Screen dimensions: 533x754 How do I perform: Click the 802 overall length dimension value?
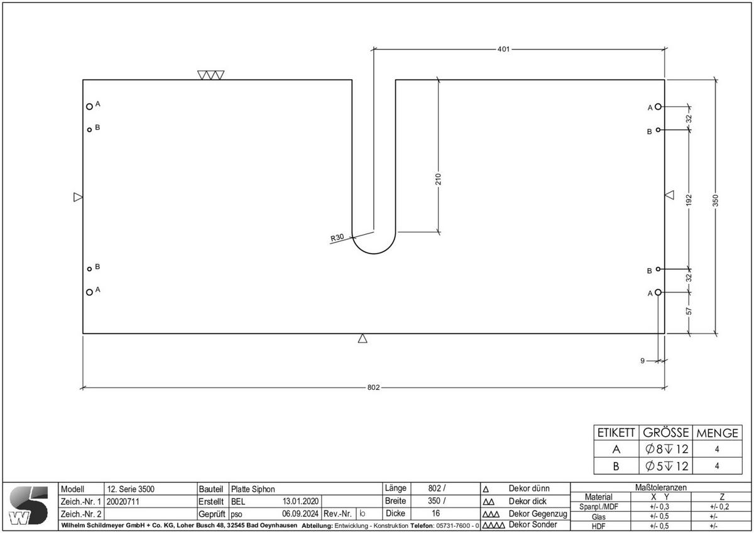[373, 387]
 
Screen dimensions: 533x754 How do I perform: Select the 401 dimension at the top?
[503, 48]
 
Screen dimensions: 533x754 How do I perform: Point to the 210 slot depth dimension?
[438, 179]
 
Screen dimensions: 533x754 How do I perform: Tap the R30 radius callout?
[337, 238]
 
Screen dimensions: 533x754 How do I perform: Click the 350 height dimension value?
[715, 201]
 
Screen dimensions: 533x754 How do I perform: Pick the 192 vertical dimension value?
[689, 200]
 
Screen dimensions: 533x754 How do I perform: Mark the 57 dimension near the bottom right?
[689, 311]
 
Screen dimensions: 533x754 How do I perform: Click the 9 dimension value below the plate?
[642, 360]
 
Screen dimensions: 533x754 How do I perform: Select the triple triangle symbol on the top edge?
[210, 75]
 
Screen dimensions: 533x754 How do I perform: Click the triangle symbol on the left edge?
[78, 197]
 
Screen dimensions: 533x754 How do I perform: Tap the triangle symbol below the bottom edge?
[363, 339]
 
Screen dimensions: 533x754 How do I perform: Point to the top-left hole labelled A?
[89, 107]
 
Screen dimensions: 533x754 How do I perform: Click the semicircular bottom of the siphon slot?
[373, 249]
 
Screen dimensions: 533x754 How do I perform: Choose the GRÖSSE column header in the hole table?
[665, 433]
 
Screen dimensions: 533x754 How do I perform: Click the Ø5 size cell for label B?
[665, 466]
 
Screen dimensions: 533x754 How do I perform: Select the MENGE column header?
[717, 433]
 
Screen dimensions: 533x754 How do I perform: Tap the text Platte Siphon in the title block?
[253, 488]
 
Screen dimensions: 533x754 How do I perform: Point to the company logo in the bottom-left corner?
[29, 505]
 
